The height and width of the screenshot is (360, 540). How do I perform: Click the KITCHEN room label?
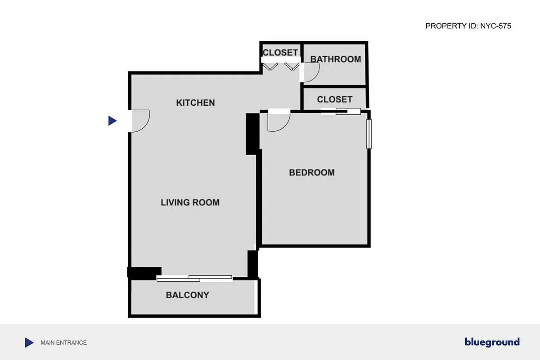point(195,103)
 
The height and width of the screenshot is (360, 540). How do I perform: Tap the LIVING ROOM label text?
point(190,202)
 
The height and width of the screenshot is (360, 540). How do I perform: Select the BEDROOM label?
point(311,172)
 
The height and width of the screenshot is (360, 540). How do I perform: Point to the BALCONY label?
point(187,295)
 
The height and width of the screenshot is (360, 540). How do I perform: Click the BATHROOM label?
point(335,59)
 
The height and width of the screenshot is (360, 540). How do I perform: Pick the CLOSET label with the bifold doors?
point(280,52)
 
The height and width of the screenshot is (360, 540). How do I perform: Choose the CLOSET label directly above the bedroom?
point(334,99)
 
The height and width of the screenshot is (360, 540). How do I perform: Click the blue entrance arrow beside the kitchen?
point(112,121)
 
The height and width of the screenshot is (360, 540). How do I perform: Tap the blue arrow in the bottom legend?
point(29,342)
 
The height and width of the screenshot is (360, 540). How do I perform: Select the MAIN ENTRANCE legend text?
point(63,342)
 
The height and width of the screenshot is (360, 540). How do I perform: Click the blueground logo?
point(492,342)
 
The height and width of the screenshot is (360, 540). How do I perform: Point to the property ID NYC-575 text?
point(468,26)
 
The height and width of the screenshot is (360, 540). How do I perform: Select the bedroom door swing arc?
point(278,122)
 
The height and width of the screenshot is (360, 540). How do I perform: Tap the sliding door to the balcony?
point(194,278)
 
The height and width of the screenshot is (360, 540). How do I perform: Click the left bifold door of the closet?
point(270,67)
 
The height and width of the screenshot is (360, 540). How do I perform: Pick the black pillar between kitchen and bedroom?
point(252,134)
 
